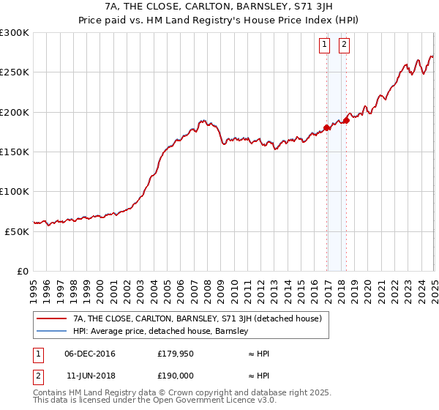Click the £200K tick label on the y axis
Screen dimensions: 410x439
coord(14,112)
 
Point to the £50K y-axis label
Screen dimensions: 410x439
coord(16,231)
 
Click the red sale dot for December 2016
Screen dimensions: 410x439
coord(326,127)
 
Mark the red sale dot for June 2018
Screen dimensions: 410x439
coord(346,121)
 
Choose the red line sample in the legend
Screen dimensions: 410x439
coord(51,318)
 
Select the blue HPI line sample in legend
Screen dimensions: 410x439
coord(51,331)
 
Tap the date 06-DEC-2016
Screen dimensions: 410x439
coord(90,354)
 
